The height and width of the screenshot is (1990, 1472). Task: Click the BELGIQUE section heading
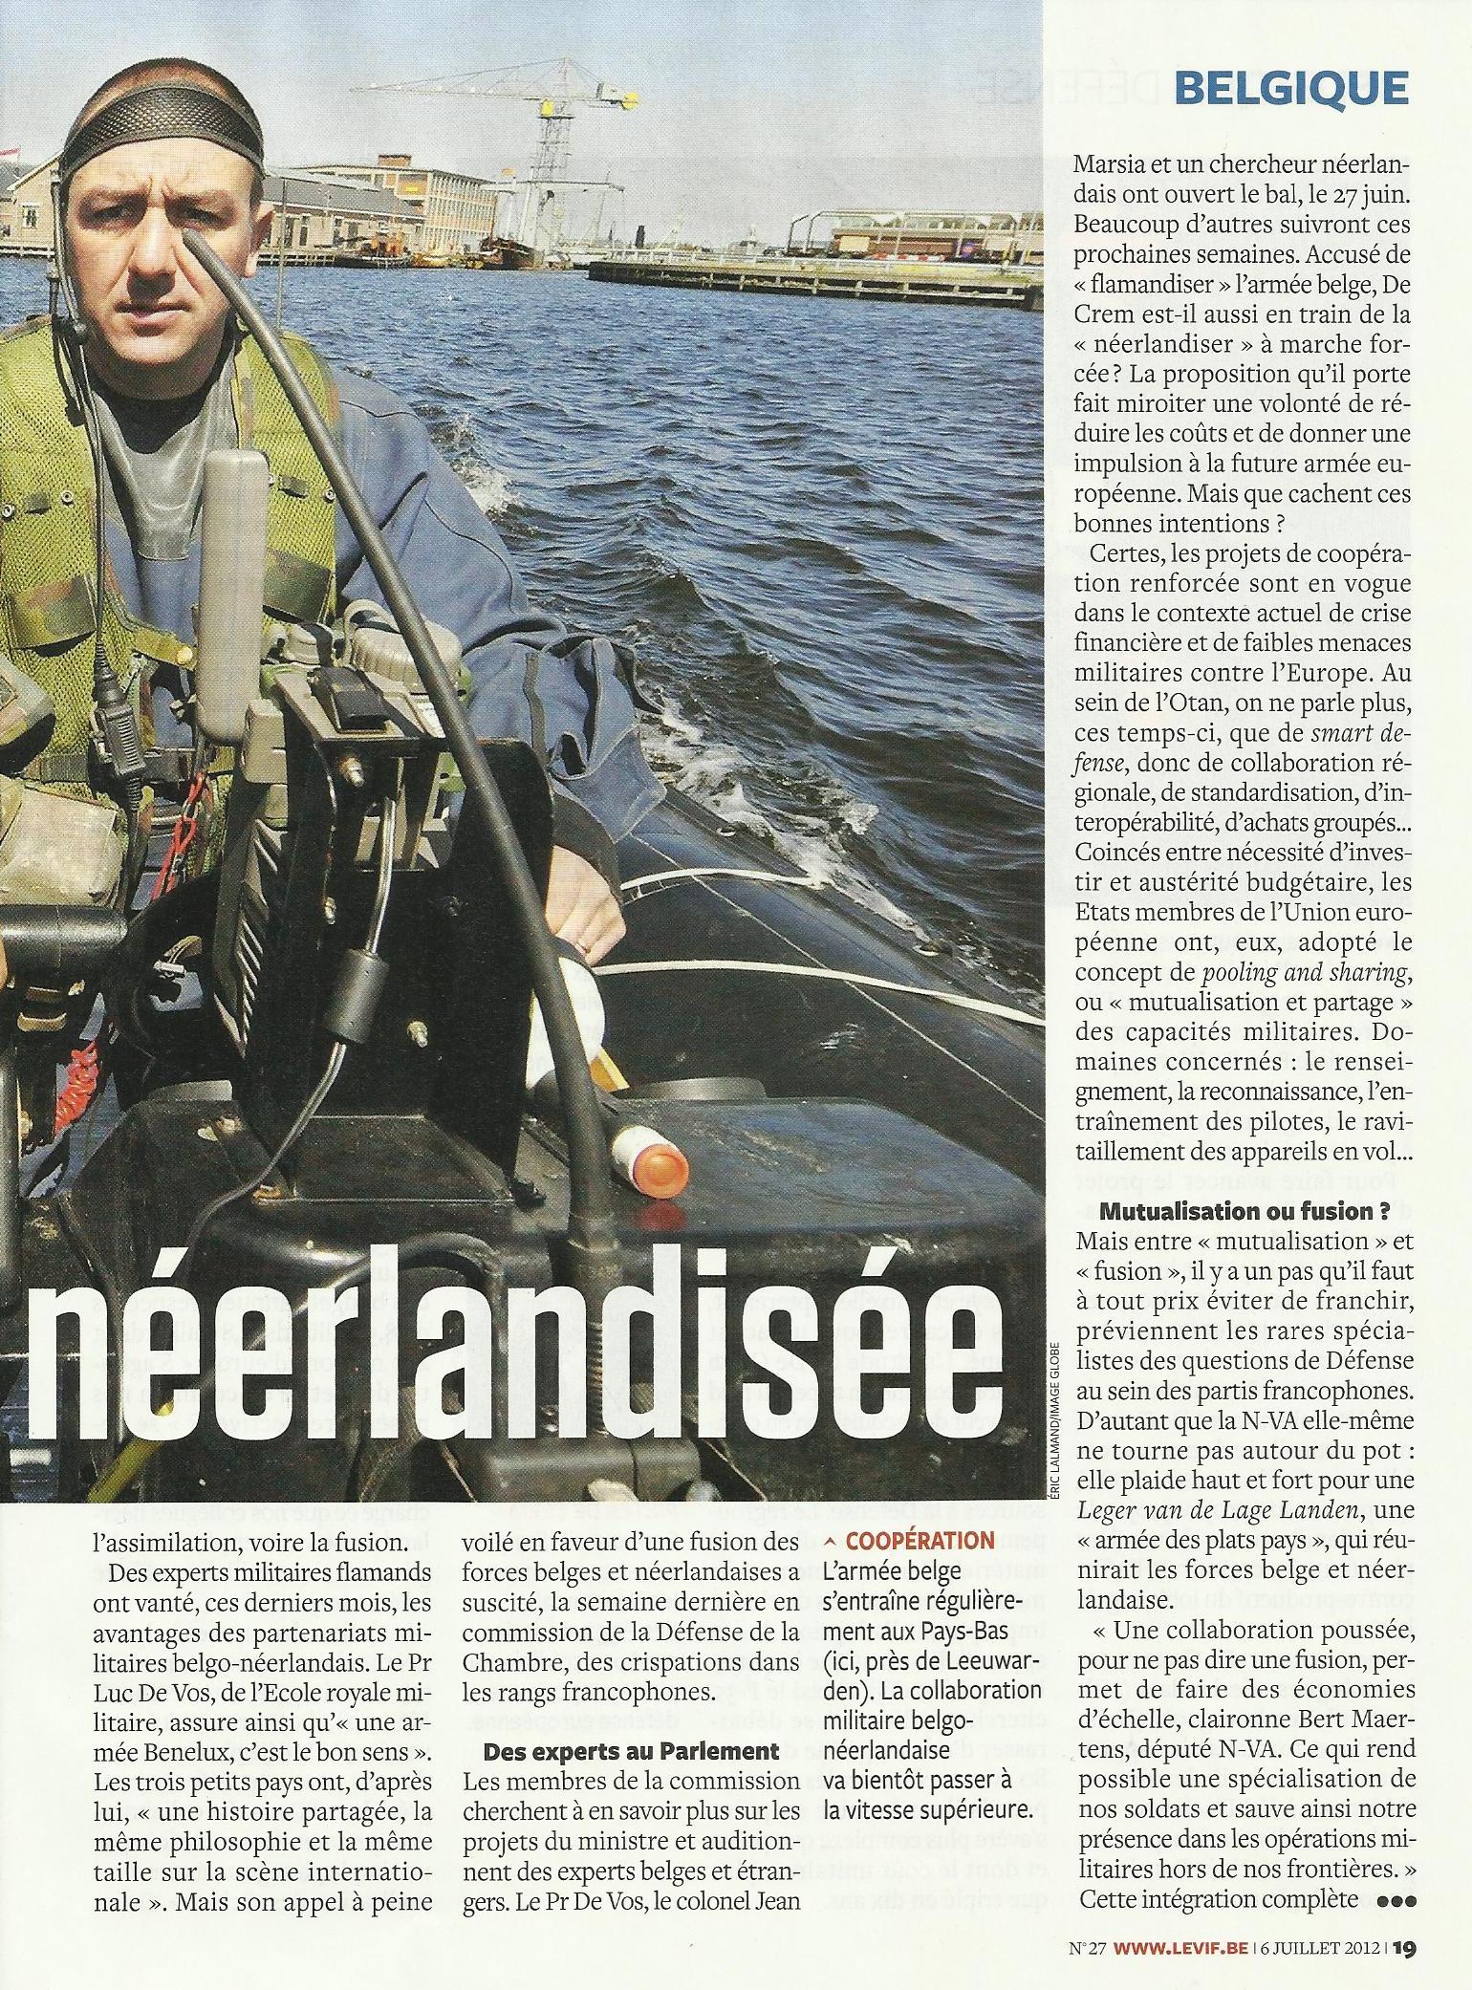[x=1290, y=89]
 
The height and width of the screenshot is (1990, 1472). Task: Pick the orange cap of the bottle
[x=660, y=1165]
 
